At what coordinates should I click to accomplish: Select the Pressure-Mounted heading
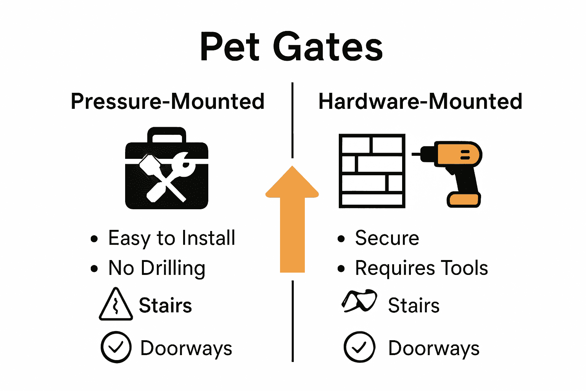pyautogui.click(x=167, y=102)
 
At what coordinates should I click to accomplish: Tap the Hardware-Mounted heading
pyautogui.click(x=420, y=102)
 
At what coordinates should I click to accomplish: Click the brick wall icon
pyautogui.click(x=372, y=171)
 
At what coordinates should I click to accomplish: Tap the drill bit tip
pyautogui.click(x=414, y=154)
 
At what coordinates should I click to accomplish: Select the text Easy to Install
pyautogui.click(x=172, y=238)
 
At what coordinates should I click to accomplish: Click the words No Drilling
pyautogui.click(x=157, y=268)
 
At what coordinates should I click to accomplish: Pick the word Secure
pyautogui.click(x=387, y=238)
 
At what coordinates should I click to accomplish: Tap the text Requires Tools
pyautogui.click(x=421, y=268)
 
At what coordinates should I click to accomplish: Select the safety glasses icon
pyautogui.click(x=359, y=301)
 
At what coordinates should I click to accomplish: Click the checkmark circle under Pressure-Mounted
pyautogui.click(x=116, y=347)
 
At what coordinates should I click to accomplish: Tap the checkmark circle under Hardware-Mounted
pyautogui.click(x=359, y=347)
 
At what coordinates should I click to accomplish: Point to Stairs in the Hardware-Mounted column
pyautogui.click(x=414, y=305)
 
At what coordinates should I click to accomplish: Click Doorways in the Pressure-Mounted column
pyautogui.click(x=186, y=348)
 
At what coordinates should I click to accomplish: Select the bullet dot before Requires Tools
pyautogui.click(x=341, y=269)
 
